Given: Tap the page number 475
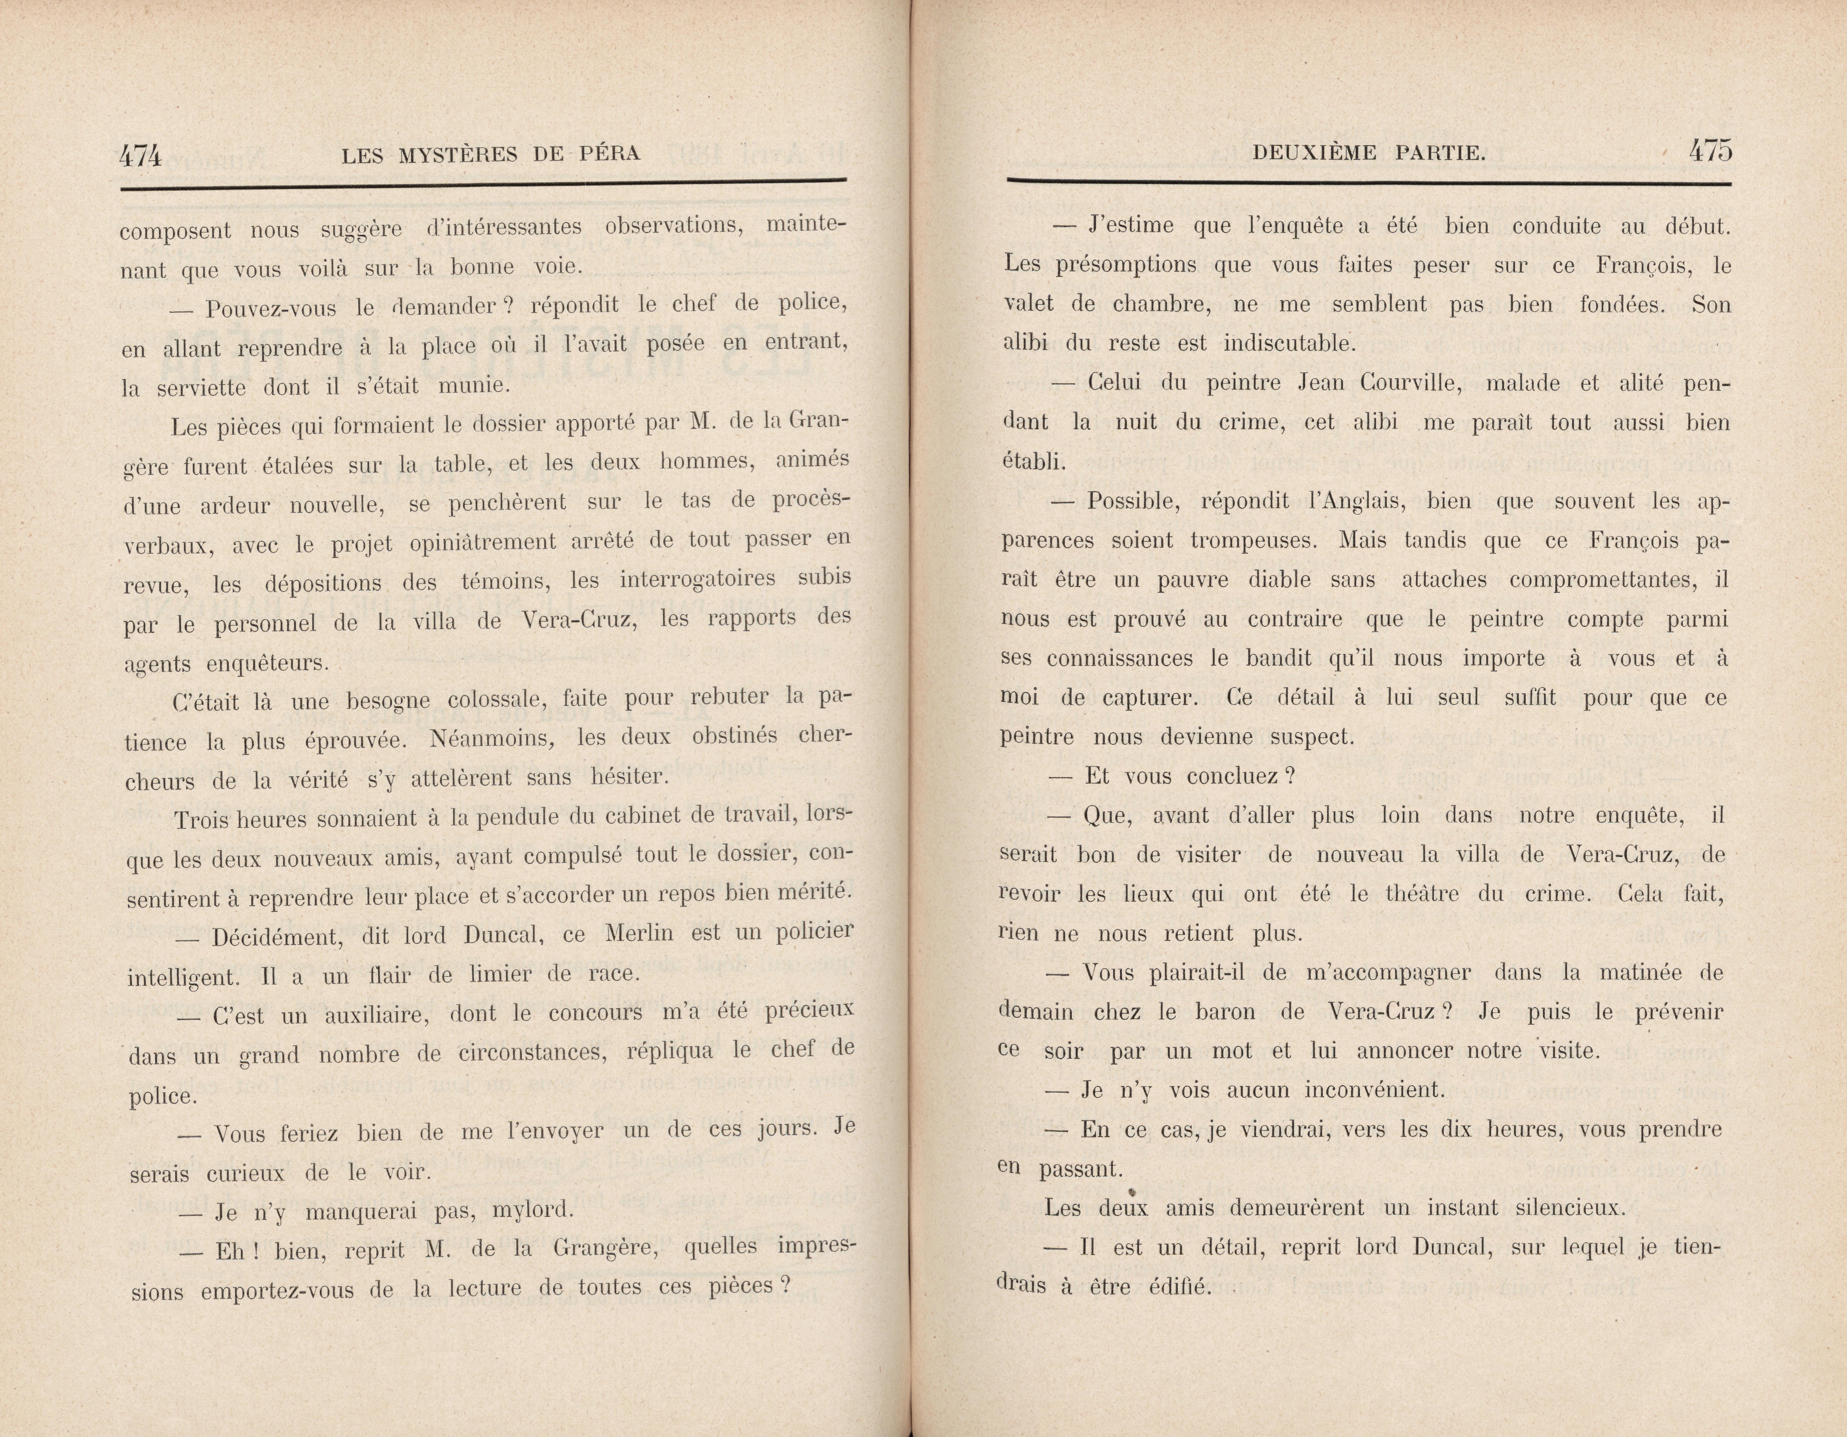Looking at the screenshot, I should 1710,151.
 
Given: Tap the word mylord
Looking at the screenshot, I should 534,1210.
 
